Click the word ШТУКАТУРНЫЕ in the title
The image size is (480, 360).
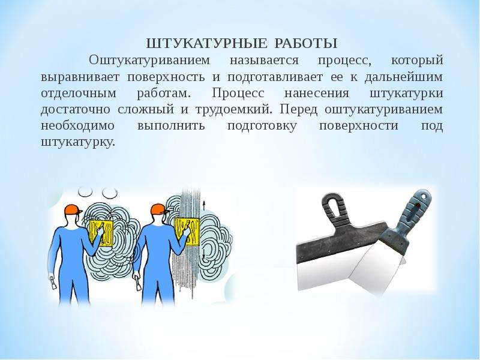206,43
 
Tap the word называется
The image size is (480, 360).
264,61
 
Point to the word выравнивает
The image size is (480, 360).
80,77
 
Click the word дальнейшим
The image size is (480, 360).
404,77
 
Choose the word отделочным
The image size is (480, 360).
79,94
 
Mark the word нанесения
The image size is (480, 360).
317,93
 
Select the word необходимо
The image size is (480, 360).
78,126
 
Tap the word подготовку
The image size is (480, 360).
262,127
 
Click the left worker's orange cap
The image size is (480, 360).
73,211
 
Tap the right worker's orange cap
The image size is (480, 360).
160,209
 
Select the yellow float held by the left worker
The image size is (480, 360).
101,233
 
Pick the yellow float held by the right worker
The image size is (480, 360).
187,232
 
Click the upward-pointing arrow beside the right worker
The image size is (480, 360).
203,206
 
